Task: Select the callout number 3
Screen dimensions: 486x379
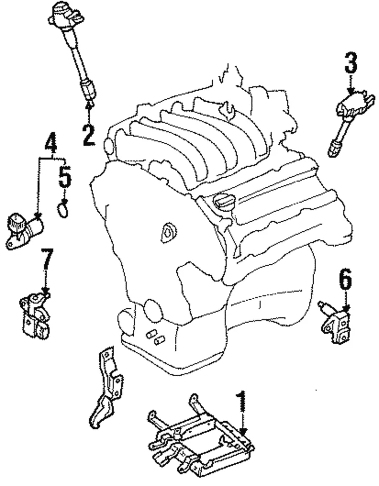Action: (351, 63)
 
